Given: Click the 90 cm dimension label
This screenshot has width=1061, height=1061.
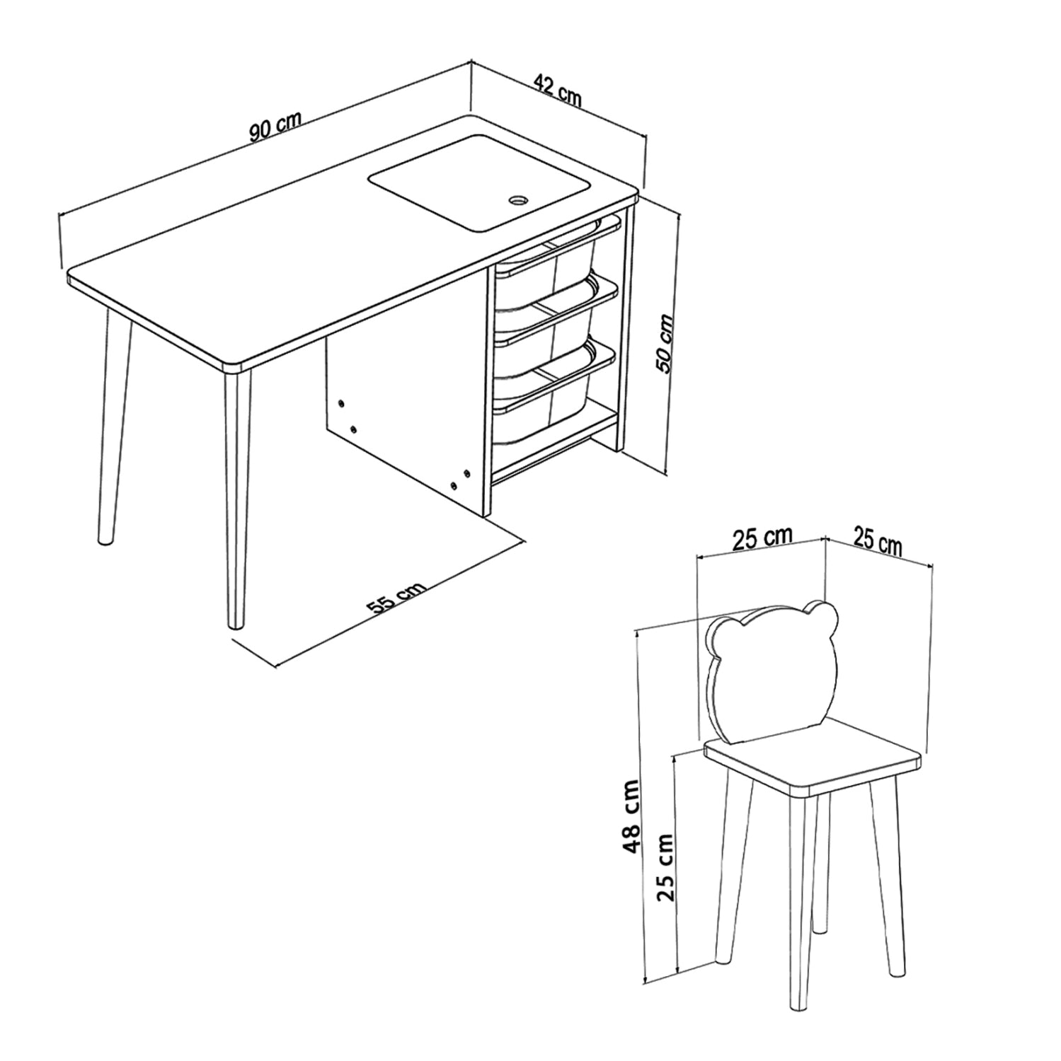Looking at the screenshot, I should coord(275,126).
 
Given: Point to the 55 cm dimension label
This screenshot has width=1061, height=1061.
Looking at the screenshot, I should coord(396,598).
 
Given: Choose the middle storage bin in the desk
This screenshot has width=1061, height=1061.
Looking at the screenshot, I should coord(545,323).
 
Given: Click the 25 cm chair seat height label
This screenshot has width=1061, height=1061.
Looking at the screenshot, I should coord(666,866).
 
